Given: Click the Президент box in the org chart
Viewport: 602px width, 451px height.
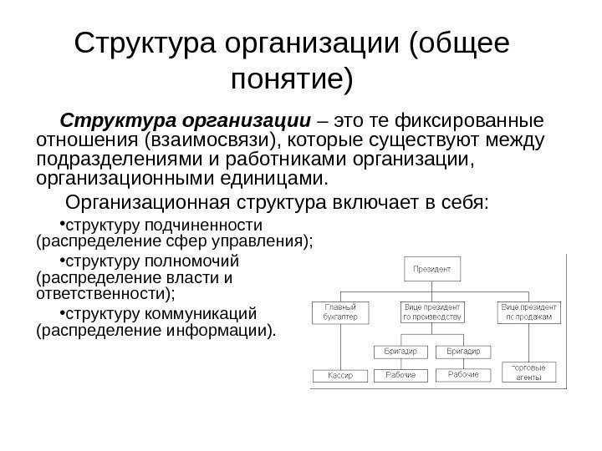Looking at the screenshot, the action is pyautogui.click(x=431, y=270).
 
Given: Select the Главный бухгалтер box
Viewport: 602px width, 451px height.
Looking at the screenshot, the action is pyautogui.click(x=340, y=312).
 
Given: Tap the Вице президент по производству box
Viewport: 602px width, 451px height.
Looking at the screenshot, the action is pyautogui.click(x=431, y=312).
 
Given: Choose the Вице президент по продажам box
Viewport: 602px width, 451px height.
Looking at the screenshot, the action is pyautogui.click(x=528, y=312).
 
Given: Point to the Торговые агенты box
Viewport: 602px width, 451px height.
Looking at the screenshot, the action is pyautogui.click(x=528, y=372).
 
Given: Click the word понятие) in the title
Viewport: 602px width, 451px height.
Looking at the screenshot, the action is pyautogui.click(x=291, y=81).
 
